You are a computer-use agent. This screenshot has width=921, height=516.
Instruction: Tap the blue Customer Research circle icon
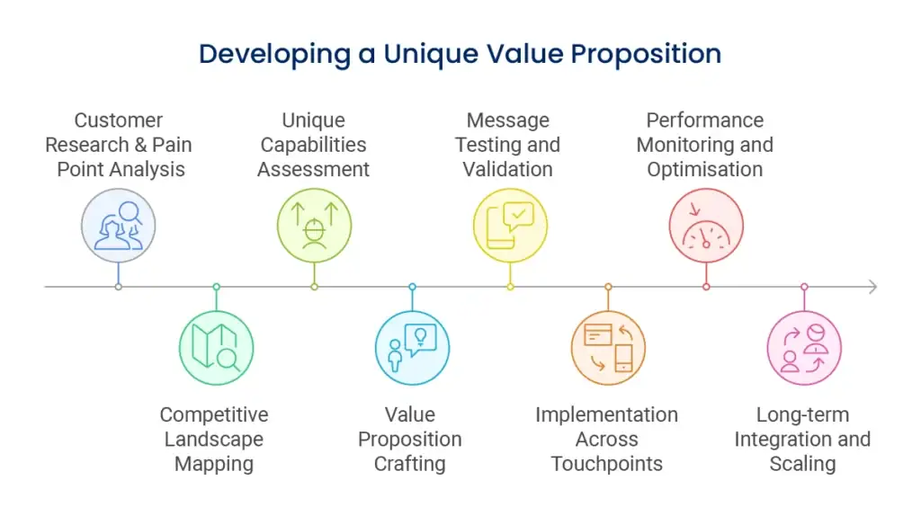[118, 226]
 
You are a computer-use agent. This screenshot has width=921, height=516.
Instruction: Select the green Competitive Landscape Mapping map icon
[216, 348]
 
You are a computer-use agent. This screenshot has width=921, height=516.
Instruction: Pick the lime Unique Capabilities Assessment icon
[314, 226]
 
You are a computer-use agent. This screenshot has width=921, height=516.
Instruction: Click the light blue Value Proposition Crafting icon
[412, 348]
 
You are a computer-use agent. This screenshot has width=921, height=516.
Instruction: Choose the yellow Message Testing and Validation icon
[511, 226]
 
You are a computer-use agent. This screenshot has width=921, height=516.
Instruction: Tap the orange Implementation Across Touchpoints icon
[608, 348]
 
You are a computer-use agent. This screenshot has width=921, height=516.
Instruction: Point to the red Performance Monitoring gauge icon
[706, 226]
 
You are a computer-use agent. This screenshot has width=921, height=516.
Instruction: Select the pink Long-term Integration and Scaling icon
[804, 348]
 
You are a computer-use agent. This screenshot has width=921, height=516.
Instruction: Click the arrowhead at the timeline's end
[874, 287]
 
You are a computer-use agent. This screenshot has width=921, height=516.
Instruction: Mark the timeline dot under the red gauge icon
[706, 287]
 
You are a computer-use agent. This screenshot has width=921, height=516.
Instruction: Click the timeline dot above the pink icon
[804, 287]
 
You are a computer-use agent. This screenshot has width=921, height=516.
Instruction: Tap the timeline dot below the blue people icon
[118, 287]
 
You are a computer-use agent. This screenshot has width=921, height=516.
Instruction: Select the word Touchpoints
[607, 464]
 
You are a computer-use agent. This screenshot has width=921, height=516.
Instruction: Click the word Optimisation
[705, 169]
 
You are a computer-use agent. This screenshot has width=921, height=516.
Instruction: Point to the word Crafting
[410, 464]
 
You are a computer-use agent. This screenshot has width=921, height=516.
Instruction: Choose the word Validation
[507, 169]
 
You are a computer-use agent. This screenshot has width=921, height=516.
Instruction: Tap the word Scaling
[802, 464]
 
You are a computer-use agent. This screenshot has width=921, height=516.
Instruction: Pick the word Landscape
[214, 439]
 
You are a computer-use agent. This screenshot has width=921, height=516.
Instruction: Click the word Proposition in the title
[646, 55]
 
